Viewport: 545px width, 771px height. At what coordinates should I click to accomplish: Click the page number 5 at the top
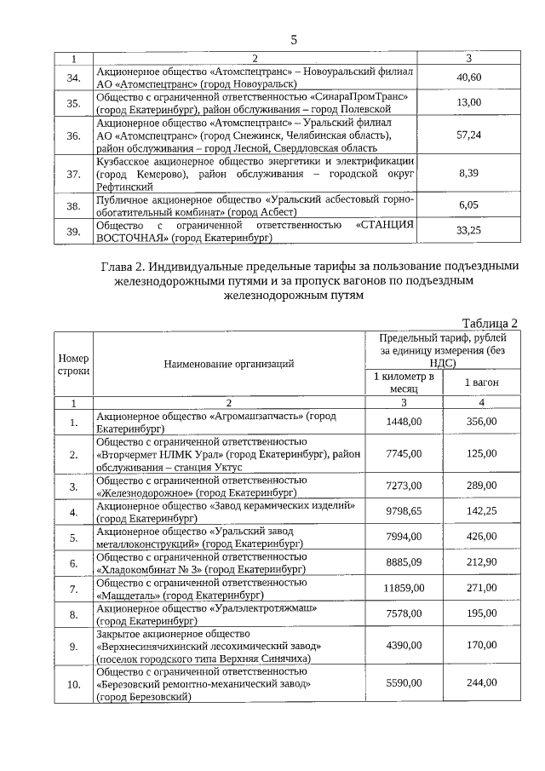(294, 40)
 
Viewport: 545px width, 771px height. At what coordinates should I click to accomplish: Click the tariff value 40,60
(469, 78)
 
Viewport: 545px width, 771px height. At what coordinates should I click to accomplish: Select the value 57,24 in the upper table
(469, 135)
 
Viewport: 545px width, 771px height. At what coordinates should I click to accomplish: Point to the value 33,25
(469, 230)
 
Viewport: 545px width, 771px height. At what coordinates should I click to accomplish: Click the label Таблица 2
(490, 323)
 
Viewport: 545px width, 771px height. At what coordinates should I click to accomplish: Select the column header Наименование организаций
(229, 364)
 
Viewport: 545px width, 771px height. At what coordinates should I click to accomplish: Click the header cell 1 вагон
(481, 383)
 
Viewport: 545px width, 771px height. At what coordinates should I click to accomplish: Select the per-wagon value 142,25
(481, 511)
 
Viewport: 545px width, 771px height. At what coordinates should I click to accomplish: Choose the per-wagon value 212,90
(481, 562)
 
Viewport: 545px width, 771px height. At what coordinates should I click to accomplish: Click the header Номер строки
(73, 364)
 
